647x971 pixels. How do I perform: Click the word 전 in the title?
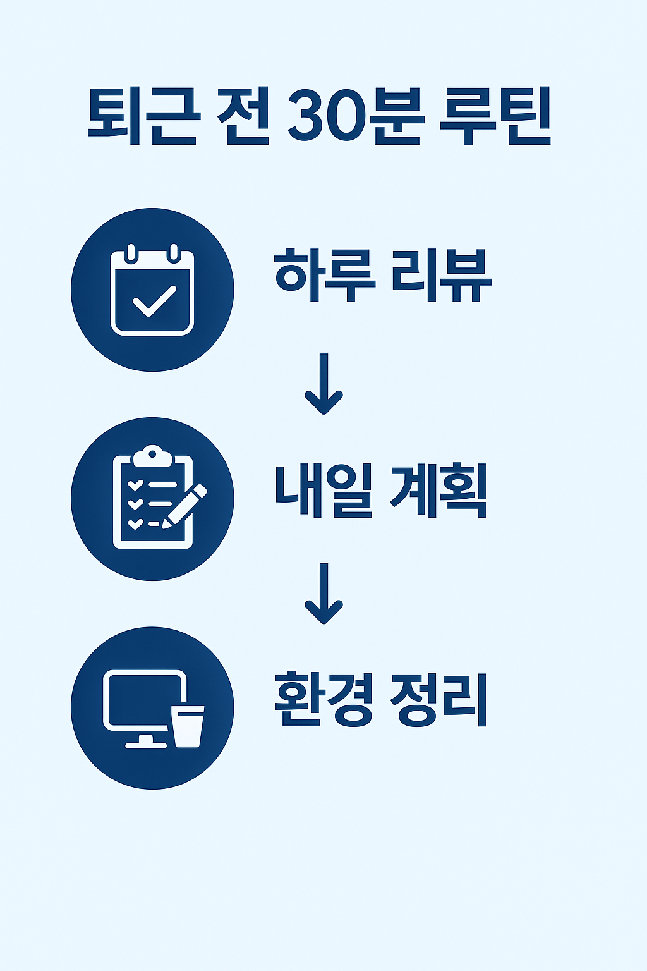click(x=243, y=118)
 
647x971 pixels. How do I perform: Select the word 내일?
click(x=323, y=491)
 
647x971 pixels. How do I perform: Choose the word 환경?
click(x=324, y=700)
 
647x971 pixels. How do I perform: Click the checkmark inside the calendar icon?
click(x=154, y=301)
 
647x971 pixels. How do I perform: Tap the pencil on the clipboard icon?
click(x=184, y=505)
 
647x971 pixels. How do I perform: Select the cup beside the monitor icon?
click(x=188, y=726)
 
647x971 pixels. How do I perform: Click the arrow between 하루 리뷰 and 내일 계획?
click(x=323, y=384)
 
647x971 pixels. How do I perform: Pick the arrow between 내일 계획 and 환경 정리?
click(x=323, y=593)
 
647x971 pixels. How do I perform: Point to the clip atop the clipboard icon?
click(x=152, y=454)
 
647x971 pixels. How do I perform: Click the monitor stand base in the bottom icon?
click(x=145, y=744)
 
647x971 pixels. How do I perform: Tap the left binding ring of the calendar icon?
click(x=130, y=253)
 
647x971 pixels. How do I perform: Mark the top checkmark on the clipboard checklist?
click(x=135, y=485)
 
